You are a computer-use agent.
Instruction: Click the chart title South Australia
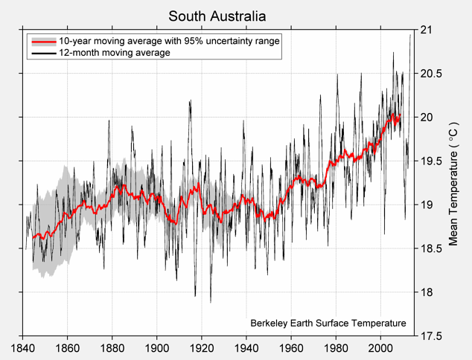(x=217, y=16)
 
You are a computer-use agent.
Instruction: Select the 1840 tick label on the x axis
(x=23, y=347)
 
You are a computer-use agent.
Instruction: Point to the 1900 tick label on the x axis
(x=157, y=347)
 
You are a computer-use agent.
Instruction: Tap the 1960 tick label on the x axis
(x=291, y=347)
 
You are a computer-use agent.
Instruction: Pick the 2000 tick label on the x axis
(x=380, y=347)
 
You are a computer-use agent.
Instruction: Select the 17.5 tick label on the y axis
(x=432, y=336)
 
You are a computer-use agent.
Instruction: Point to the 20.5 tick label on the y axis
(x=432, y=74)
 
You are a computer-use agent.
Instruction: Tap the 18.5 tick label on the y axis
(x=432, y=248)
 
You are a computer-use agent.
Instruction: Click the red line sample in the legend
(x=43, y=42)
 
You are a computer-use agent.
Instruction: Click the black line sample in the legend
(x=43, y=54)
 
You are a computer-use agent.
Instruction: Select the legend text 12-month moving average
(x=115, y=54)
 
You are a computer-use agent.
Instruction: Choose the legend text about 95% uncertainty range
(x=170, y=42)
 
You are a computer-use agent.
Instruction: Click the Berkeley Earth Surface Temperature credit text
(x=328, y=324)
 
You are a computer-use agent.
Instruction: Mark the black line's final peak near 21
(x=410, y=35)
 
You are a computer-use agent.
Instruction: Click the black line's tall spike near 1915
(x=191, y=101)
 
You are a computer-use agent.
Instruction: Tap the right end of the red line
(x=400, y=115)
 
